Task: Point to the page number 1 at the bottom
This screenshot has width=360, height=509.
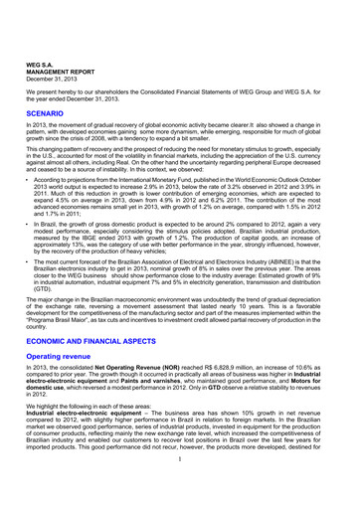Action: pos(180,498)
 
